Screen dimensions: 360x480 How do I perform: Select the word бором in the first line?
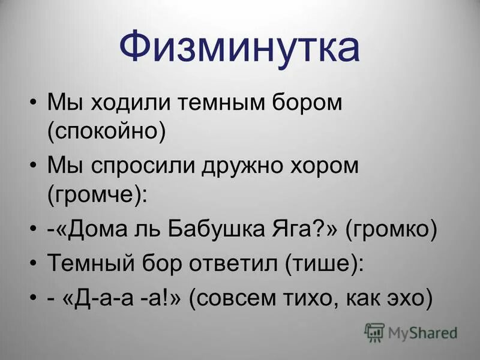(305, 103)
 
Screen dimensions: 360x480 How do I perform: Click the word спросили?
(144, 166)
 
